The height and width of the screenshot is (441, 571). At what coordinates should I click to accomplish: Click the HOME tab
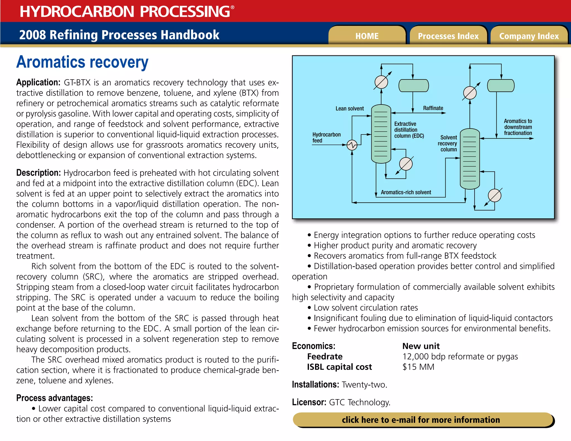point(367,36)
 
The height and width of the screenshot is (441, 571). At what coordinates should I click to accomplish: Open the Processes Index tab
point(448,36)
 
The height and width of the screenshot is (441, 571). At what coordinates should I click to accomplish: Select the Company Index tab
point(529,36)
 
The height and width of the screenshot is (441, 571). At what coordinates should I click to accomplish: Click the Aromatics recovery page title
point(82,62)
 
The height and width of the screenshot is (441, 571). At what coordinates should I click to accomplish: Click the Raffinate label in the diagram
point(433,108)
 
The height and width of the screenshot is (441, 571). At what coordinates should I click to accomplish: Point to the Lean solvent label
point(350,108)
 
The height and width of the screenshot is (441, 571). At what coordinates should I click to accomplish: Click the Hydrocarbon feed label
point(326,137)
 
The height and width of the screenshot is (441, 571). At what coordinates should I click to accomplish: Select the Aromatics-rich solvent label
point(406,192)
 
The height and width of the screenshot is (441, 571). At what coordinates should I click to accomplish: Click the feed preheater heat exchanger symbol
point(352,145)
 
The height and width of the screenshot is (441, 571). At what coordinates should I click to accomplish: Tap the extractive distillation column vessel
point(381,134)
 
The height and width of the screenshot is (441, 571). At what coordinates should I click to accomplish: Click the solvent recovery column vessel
point(470,159)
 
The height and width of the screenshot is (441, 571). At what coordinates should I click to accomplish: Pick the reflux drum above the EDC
point(413,86)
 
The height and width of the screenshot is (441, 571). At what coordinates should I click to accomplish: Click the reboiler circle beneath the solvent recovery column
point(495,195)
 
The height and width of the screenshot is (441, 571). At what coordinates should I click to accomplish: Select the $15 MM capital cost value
point(418,367)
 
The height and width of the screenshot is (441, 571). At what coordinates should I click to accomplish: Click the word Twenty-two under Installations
point(364,385)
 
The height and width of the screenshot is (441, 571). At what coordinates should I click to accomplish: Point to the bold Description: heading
point(38,173)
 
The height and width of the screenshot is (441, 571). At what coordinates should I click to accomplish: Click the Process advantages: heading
point(54,398)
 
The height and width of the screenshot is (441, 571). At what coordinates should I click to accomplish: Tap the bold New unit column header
point(421,346)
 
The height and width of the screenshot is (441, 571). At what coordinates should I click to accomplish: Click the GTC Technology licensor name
point(359,402)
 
